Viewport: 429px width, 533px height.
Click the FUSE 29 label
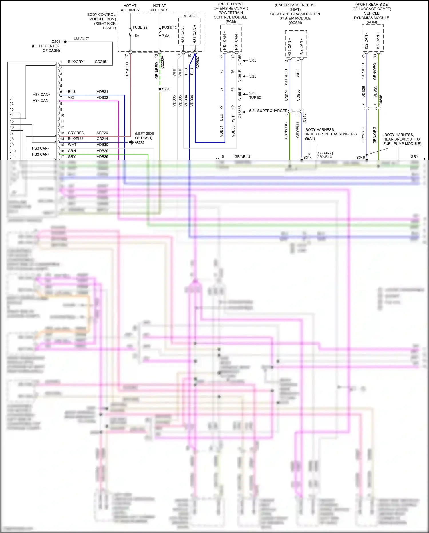140,27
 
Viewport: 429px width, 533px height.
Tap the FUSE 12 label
169,28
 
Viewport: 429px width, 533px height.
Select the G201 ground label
56,42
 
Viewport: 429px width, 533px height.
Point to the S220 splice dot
160,89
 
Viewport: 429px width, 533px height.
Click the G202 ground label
139,142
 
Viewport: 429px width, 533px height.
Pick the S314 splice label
307,157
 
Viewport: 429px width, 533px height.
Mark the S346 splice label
360,157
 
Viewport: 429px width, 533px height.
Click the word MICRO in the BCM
189,16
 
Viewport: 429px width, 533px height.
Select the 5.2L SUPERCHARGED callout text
268,111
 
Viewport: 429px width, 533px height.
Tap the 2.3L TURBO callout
255,95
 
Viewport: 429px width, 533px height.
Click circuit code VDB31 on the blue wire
102,92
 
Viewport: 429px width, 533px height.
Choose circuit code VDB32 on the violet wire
102,97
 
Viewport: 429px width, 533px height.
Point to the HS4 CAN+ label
41,95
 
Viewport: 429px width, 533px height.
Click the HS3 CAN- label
40,148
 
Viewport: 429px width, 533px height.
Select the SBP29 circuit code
102,133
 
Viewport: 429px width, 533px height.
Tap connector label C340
304,117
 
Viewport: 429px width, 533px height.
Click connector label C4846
381,100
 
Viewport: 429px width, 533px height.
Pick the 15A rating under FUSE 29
136,36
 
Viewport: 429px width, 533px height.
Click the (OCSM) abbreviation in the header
295,23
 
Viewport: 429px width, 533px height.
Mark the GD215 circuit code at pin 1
100,62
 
